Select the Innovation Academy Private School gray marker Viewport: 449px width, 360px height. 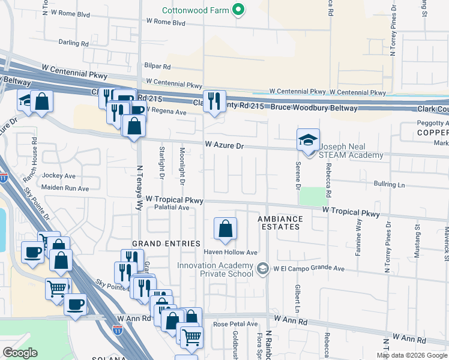(x=262, y=268)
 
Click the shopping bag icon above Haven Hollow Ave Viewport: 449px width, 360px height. (x=225, y=229)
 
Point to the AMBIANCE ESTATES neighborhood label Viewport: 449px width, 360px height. (x=279, y=223)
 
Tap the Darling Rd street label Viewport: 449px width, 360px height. (x=73, y=43)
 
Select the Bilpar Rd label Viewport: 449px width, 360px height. (x=157, y=67)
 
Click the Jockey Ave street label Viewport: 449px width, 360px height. (x=59, y=176)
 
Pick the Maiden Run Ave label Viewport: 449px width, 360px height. (x=65, y=188)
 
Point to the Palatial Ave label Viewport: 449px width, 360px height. (x=172, y=208)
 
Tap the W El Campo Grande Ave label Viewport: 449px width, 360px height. (x=310, y=268)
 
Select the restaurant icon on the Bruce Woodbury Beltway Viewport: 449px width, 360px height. (x=213, y=101)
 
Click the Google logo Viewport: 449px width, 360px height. (x=20, y=353)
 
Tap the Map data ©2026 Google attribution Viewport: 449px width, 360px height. (x=411, y=355)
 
